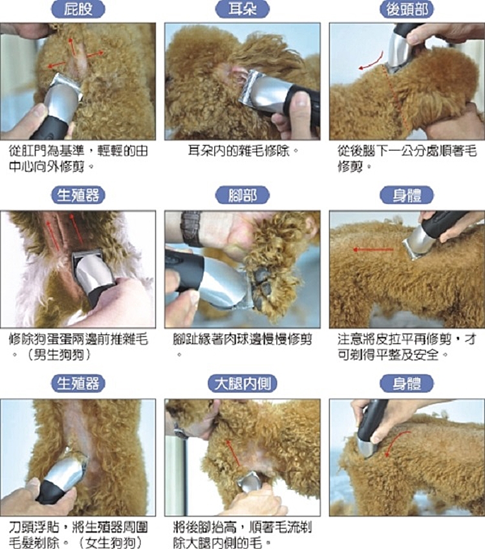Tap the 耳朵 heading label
242,8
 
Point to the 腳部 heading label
242,195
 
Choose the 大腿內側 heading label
242,383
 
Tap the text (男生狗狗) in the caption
59,354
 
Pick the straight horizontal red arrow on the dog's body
373,249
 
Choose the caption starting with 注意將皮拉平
407,346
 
